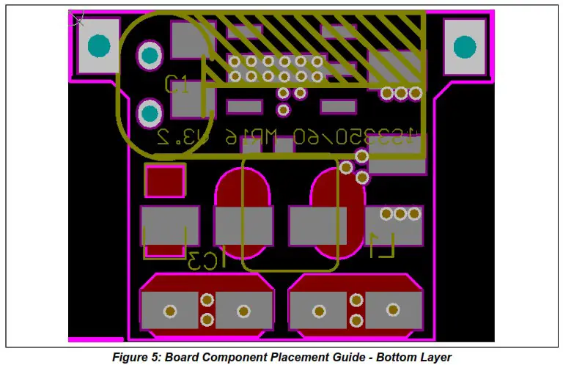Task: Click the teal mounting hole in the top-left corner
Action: (97, 46)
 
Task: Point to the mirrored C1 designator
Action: (177, 84)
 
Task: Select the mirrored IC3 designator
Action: (205, 260)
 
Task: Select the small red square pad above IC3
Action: (164, 182)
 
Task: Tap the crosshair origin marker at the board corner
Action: (76, 17)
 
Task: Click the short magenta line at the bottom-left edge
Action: (95, 339)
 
